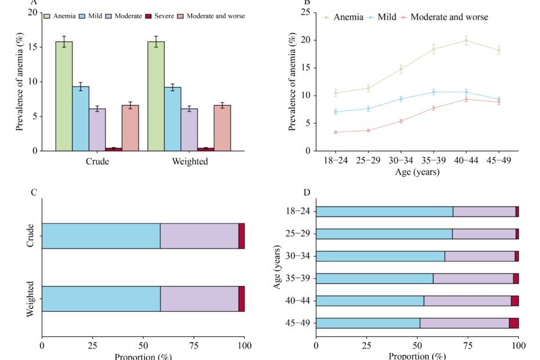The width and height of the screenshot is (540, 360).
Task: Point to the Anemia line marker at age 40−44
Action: (466, 40)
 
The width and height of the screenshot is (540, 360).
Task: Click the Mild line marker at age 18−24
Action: (336, 111)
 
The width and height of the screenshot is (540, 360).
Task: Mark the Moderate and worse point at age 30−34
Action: (401, 121)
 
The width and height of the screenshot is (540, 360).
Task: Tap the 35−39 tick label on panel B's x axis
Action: (433, 161)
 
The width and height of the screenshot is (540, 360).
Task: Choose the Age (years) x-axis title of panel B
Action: (417, 172)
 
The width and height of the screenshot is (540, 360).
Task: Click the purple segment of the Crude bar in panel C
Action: (199, 236)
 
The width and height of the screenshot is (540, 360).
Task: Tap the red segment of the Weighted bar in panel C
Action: (242, 298)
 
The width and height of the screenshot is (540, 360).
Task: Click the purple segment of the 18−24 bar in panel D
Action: (484, 211)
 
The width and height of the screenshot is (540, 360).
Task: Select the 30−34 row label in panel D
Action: (297, 256)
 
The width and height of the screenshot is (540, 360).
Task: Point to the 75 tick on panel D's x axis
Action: (468, 345)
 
